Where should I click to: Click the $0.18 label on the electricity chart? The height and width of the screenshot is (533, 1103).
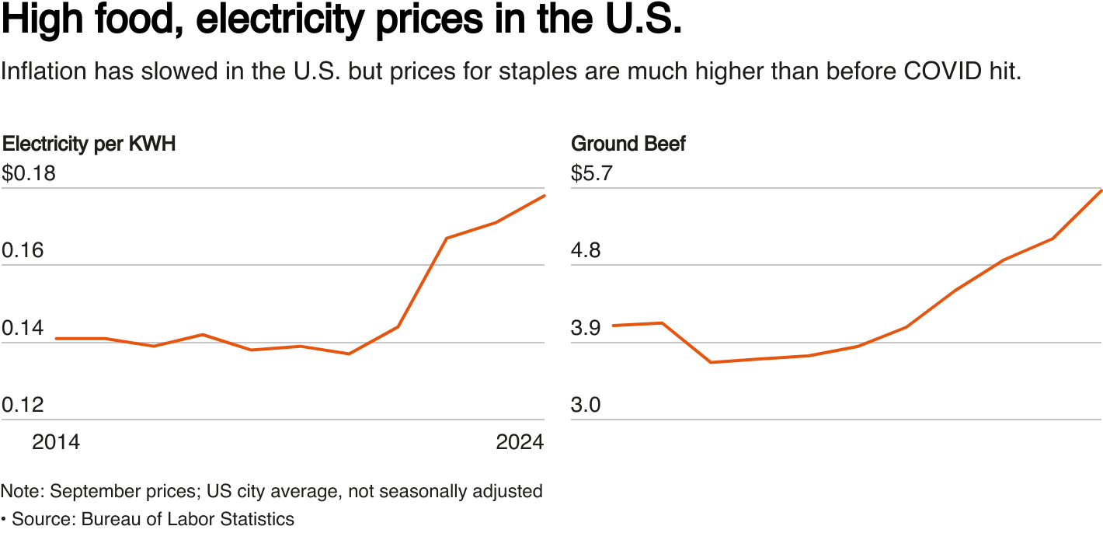[x=29, y=173]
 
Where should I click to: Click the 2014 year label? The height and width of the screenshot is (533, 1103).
[x=56, y=442]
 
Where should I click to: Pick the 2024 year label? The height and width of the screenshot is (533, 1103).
[x=520, y=442]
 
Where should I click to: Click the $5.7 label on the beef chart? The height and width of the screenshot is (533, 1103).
[x=592, y=173]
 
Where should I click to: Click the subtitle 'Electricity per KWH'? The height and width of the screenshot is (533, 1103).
[x=89, y=144]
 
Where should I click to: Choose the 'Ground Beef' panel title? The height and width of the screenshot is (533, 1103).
[x=628, y=144]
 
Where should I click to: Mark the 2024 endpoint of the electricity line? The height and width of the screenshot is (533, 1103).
[x=545, y=195]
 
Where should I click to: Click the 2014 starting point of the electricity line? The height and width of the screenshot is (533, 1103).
[x=56, y=339]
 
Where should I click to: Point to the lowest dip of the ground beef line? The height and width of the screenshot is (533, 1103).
[x=710, y=362]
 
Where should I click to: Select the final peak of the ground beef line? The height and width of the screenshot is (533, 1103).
[x=1101, y=190]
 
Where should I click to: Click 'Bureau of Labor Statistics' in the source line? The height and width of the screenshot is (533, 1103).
[x=187, y=519]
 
